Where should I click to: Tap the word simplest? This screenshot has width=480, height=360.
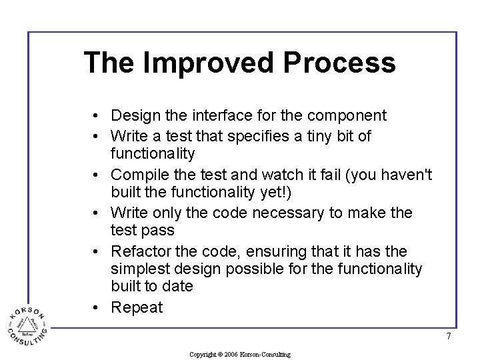pos(139,269)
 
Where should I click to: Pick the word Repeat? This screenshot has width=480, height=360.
pos(137,308)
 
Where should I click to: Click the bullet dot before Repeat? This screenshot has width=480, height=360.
pos(97,308)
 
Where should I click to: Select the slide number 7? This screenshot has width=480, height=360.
pos(449,337)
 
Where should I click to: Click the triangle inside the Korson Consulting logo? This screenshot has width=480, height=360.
pos(28,324)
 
